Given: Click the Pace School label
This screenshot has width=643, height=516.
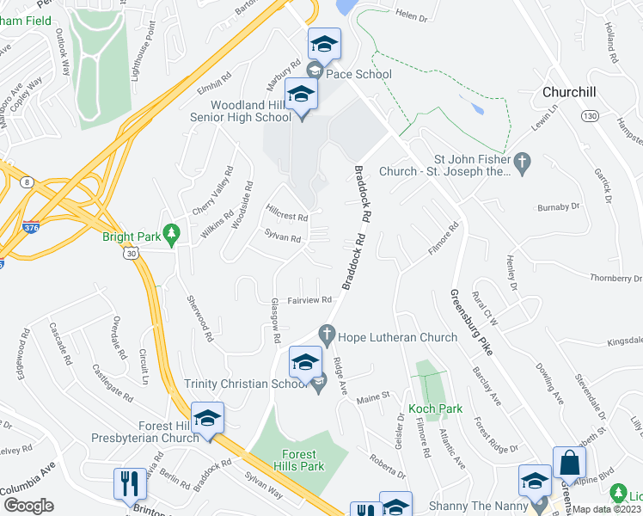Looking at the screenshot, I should click(x=358, y=74).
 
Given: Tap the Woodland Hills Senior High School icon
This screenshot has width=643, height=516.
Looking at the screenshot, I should click(x=301, y=95).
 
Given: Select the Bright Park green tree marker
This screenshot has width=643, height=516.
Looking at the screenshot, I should click(x=172, y=233).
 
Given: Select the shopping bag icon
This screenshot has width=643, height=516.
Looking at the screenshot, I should click(x=568, y=463).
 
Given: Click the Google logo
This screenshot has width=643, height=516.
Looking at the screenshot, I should click(x=29, y=506).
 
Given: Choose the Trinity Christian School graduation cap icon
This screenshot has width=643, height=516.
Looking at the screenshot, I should click(x=305, y=362).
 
